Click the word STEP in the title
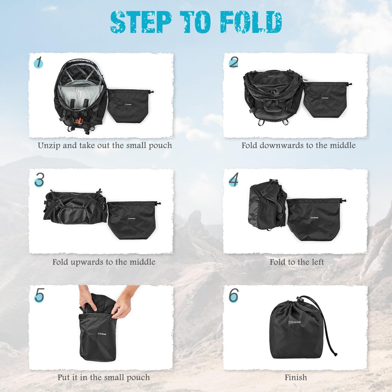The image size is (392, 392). coord(141,22)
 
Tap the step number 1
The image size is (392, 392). coord(39,63)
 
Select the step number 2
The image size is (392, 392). coord(233,62)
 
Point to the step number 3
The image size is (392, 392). coord(39,180)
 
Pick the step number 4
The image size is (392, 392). coord(233,180)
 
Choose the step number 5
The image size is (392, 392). coord(39,295)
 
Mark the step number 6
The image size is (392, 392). coord(233,295)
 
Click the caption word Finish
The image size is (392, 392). coord(296,377)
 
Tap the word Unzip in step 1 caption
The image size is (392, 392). coord(49,146)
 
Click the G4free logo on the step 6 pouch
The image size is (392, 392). coord(294,322)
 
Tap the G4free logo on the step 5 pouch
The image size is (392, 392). coord(102,334)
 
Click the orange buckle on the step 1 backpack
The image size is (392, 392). coord(79,121)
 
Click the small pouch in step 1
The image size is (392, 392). coord(129,106)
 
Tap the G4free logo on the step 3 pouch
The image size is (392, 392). coord(132,218)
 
